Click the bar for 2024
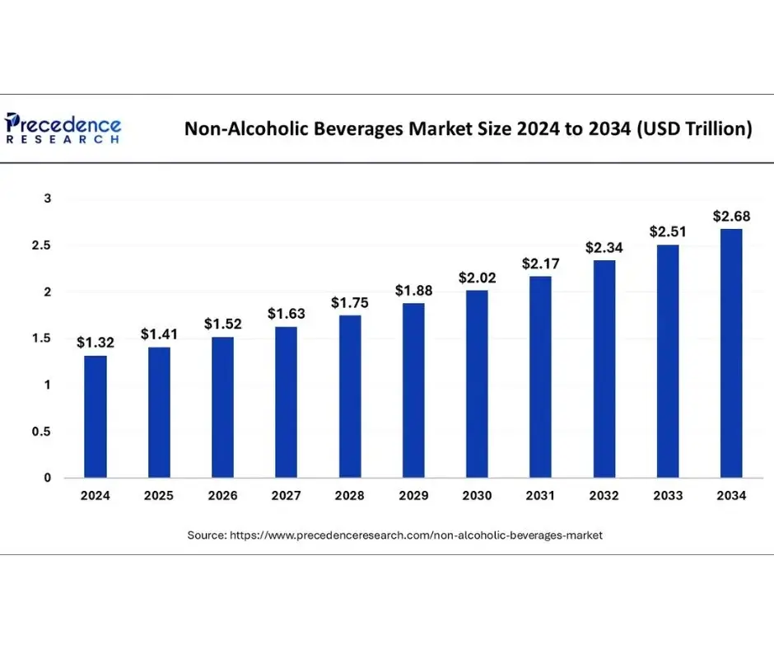coord(96,416)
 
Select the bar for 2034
coord(731,353)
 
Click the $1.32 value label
coord(96,342)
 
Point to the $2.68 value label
coord(731,216)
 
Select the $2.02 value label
coord(477,277)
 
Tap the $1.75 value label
coord(350,302)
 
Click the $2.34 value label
coord(604,247)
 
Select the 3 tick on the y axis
coord(48,198)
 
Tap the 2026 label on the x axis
coord(222,496)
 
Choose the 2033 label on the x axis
coord(668,496)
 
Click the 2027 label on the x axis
coord(286,496)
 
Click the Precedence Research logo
coord(63,129)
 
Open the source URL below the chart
coord(415,535)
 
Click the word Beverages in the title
coord(359,129)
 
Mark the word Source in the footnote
coord(206,535)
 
